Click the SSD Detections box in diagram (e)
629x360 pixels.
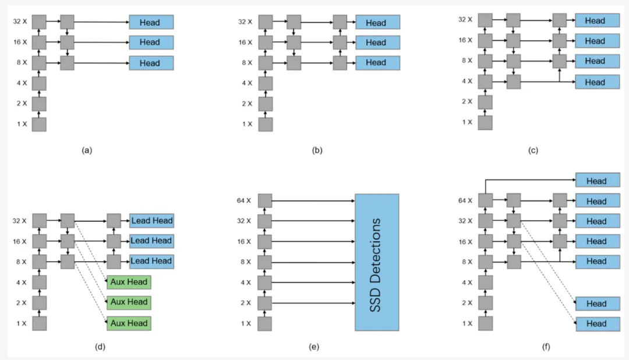click(x=377, y=262)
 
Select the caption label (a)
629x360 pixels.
click(x=87, y=150)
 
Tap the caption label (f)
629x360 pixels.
click(x=545, y=347)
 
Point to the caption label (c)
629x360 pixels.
click(x=533, y=150)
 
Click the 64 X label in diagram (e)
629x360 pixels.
click(x=245, y=201)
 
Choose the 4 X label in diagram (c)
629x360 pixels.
click(x=467, y=82)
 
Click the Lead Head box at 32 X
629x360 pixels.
click(x=151, y=221)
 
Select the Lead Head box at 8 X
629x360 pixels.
click(x=151, y=261)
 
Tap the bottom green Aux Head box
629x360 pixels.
click(x=129, y=323)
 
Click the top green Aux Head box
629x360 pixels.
click(x=129, y=283)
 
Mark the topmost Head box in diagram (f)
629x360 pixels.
click(x=597, y=181)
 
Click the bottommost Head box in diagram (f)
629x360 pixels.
click(x=597, y=324)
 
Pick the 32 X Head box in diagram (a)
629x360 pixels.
click(x=151, y=22)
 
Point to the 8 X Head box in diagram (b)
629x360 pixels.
click(x=376, y=62)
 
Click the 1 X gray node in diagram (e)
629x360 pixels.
click(x=265, y=323)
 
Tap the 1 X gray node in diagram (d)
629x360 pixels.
click(x=39, y=323)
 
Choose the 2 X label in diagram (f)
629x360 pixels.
click(x=467, y=303)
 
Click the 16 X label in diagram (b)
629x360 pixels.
click(x=245, y=43)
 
